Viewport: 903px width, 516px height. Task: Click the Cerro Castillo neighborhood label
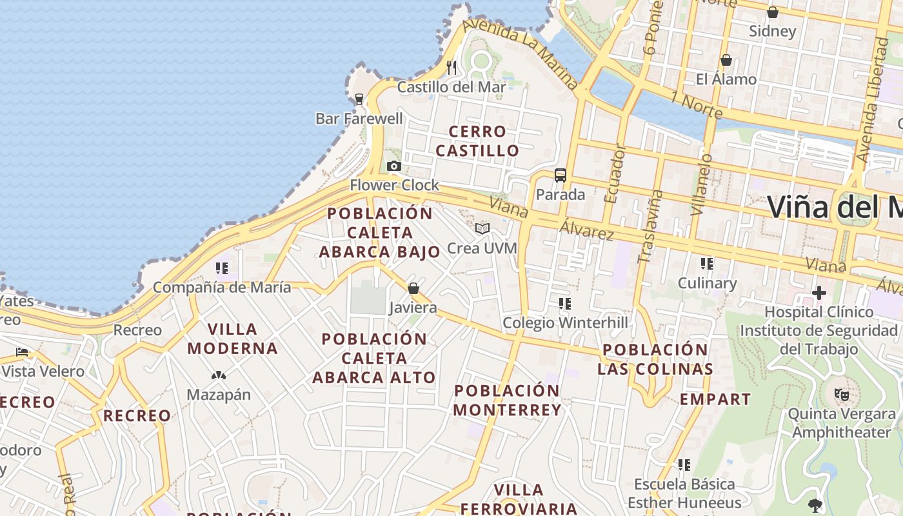(x=477, y=141)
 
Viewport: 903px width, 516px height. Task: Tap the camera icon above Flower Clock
(x=393, y=166)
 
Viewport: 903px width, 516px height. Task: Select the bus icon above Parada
(x=561, y=175)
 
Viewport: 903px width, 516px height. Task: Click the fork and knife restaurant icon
(x=451, y=66)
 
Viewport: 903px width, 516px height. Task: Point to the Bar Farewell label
(x=359, y=119)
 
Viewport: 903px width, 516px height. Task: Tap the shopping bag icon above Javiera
(x=413, y=288)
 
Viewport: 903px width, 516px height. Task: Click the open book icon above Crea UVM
(x=482, y=228)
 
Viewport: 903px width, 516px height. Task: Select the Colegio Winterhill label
(x=565, y=322)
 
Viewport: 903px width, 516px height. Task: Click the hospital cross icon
(x=819, y=293)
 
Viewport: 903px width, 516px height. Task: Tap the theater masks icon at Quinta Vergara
(x=841, y=394)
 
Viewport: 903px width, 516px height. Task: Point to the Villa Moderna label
(x=233, y=339)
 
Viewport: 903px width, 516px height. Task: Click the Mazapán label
(x=219, y=395)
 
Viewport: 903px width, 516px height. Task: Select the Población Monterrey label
(x=507, y=400)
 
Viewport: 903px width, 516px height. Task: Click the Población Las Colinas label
(x=655, y=359)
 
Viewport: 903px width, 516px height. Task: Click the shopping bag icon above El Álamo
(x=726, y=60)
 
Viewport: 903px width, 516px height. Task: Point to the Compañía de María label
(x=222, y=288)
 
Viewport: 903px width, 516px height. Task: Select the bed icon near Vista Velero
(x=22, y=352)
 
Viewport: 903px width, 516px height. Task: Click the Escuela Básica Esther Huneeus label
(x=684, y=493)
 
